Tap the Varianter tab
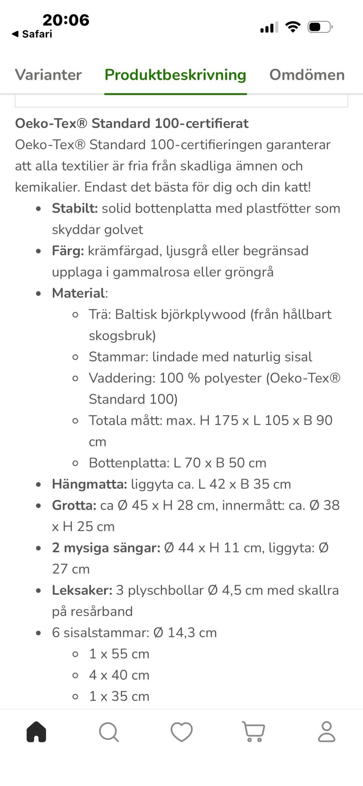point(48,75)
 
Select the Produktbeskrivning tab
point(175,75)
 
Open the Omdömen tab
point(307,75)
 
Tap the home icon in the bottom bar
point(36,732)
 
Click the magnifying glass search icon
point(109,732)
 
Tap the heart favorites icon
point(181,732)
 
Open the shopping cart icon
point(253,732)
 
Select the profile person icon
point(326,732)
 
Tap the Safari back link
point(33,34)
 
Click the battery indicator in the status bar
point(320,27)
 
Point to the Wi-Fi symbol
point(293,27)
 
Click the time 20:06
point(66,20)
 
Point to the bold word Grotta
point(74,505)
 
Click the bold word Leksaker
point(82,590)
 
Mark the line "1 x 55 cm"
point(119,654)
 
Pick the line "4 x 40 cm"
point(119,675)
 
